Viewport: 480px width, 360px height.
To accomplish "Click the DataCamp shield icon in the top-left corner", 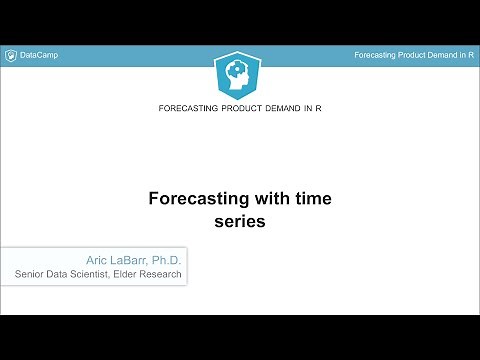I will pos(11,54).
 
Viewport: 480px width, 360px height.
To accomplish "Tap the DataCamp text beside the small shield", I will pos(39,54).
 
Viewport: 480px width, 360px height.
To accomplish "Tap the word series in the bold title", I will pos(240,222).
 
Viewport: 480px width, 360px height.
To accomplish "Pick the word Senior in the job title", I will pos(33,273).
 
